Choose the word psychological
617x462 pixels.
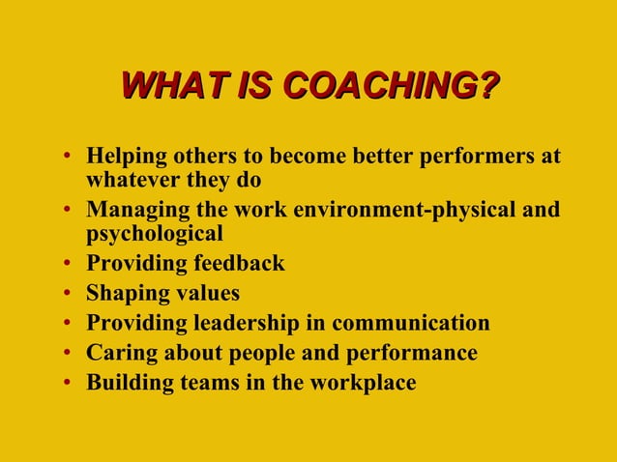155,233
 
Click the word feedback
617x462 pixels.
240,263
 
